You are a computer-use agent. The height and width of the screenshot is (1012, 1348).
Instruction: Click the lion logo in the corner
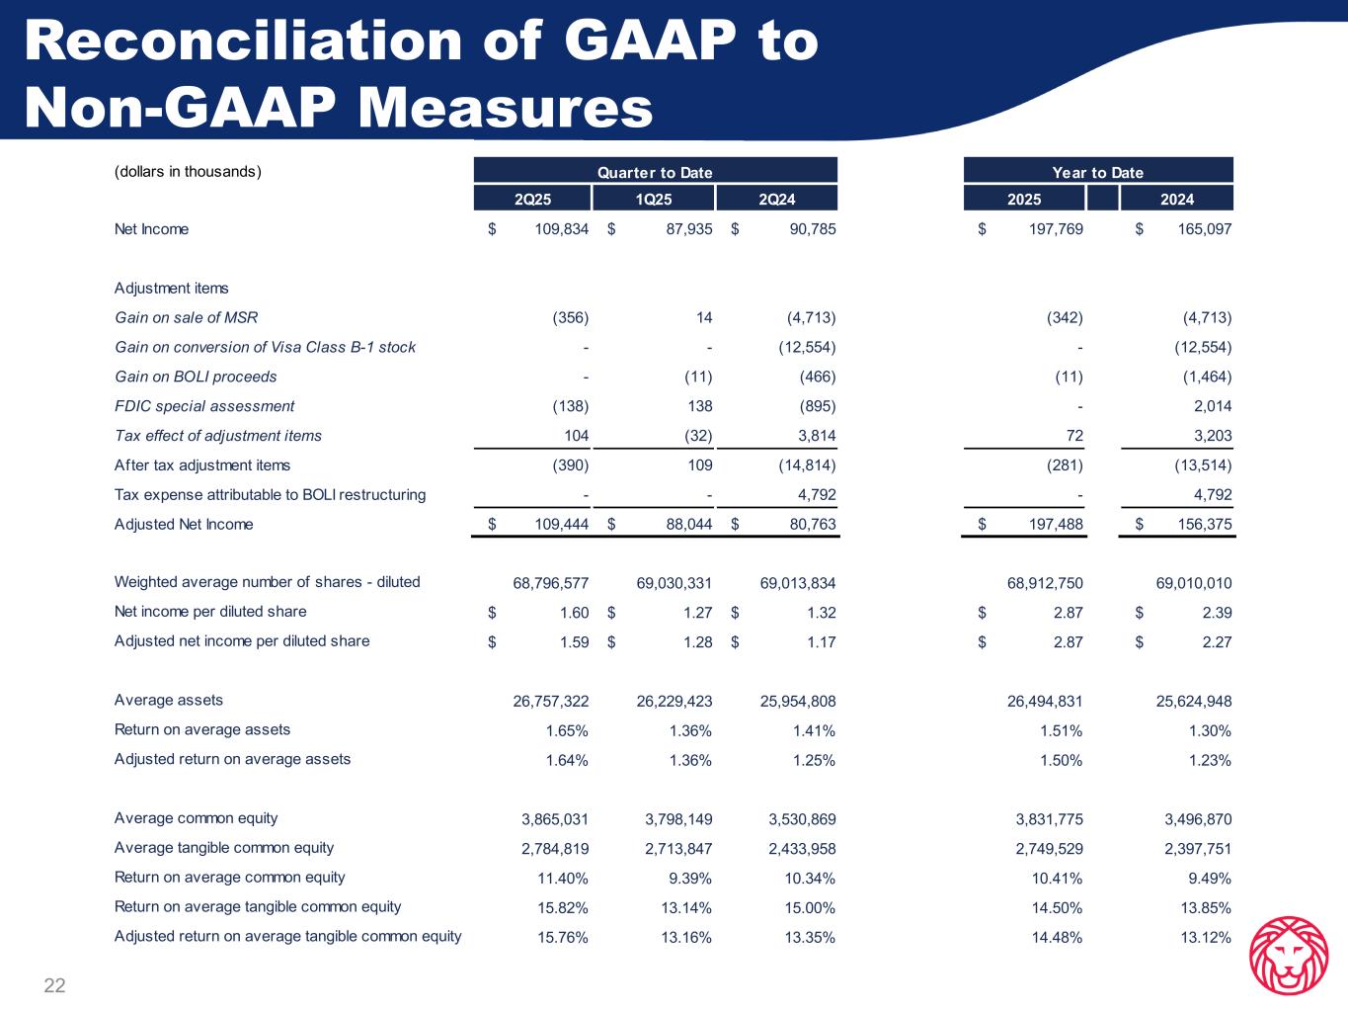point(1288,956)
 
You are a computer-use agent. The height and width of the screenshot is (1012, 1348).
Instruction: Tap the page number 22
point(54,985)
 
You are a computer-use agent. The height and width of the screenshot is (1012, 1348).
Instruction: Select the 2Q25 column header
point(533,200)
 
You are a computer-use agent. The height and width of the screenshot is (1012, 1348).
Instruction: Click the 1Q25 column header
point(654,200)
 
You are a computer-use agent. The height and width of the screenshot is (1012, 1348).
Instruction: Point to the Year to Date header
point(1098,172)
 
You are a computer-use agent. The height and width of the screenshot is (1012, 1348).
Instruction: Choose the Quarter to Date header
point(655,172)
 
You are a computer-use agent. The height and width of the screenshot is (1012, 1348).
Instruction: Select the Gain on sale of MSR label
point(187,317)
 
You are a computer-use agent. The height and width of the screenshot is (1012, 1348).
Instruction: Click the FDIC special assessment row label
point(204,406)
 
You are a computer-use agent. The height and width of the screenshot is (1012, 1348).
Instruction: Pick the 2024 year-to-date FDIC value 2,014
point(1212,406)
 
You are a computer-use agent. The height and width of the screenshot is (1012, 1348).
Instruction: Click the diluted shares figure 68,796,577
point(551,583)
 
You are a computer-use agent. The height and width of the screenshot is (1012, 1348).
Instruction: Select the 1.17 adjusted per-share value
point(821,642)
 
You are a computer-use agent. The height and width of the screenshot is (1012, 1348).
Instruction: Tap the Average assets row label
point(169,701)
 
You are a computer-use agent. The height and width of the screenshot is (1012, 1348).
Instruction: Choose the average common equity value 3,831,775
point(1049,819)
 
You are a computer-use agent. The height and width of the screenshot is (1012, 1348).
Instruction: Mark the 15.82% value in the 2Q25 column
point(562,908)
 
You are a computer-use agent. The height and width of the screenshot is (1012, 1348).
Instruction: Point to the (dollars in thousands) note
point(188,172)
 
